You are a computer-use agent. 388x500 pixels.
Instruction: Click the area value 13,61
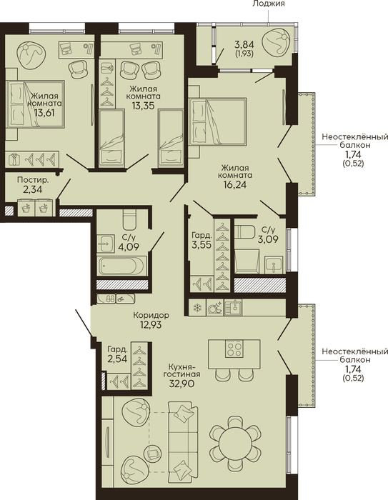pos(44,113)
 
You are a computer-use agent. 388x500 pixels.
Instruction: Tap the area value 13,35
pos(144,106)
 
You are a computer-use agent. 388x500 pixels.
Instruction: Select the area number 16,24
pos(235,184)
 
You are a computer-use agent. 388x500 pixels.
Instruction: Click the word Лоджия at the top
pos(269,4)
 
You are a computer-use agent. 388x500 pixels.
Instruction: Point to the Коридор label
pos(151,316)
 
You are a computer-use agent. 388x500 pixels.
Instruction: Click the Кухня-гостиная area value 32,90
pos(182,384)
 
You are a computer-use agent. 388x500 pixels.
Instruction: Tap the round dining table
pos(235,441)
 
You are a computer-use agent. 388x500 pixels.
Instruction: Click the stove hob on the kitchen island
pos(234,349)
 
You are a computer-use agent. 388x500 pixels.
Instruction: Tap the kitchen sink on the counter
pos(233,307)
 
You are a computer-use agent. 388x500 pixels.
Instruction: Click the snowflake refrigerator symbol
pos(197,308)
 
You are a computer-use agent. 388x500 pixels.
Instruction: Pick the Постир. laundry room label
pos(33,180)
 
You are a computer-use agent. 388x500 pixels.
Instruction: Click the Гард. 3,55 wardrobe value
pos(201,245)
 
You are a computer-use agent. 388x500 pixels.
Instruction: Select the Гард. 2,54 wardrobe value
pos(117,359)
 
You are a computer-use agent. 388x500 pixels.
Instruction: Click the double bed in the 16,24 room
pos(217,121)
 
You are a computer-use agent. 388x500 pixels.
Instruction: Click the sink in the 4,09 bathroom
pos(106,244)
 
